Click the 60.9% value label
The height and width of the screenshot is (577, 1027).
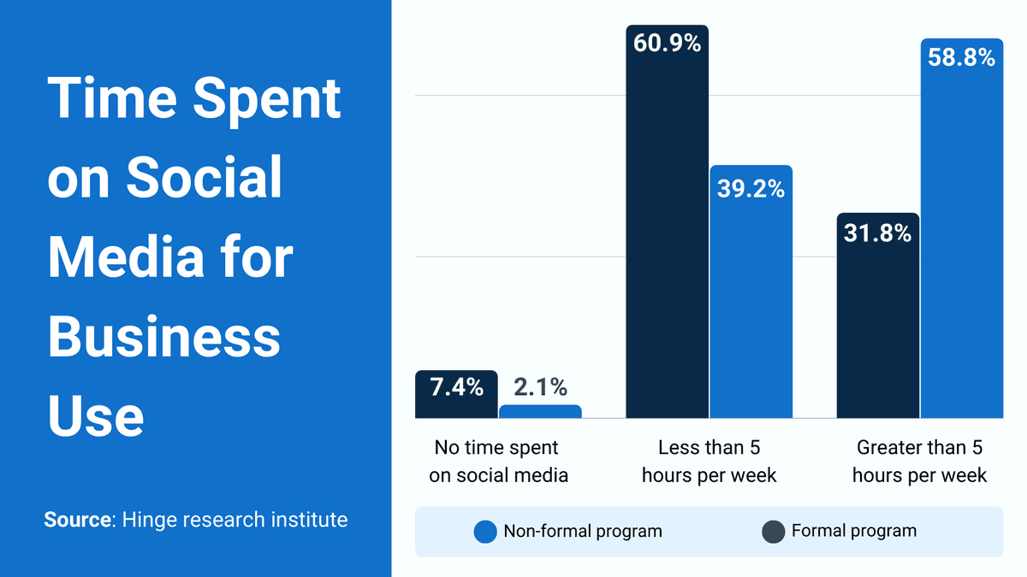tap(668, 44)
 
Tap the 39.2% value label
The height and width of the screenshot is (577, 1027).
tap(751, 189)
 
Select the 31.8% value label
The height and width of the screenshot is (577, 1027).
tap(877, 233)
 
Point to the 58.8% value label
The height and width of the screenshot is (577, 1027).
tap(961, 58)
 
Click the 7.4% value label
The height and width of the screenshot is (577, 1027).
tap(456, 387)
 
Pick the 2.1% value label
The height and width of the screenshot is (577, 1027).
tap(539, 387)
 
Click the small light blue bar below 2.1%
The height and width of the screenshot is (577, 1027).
tap(540, 411)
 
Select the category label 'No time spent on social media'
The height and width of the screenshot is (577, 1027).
tap(497, 462)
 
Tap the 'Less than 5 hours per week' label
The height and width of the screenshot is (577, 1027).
tap(709, 462)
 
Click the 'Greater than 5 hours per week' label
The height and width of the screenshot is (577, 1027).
tap(919, 462)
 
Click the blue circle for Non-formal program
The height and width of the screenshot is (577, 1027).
tap(485, 532)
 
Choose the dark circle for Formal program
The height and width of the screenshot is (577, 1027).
tap(774, 532)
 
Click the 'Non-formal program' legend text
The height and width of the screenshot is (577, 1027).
tap(582, 531)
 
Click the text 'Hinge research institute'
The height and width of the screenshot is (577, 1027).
tap(234, 520)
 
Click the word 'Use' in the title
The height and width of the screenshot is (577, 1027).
tap(96, 416)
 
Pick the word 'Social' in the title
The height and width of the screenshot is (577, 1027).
tap(205, 178)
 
